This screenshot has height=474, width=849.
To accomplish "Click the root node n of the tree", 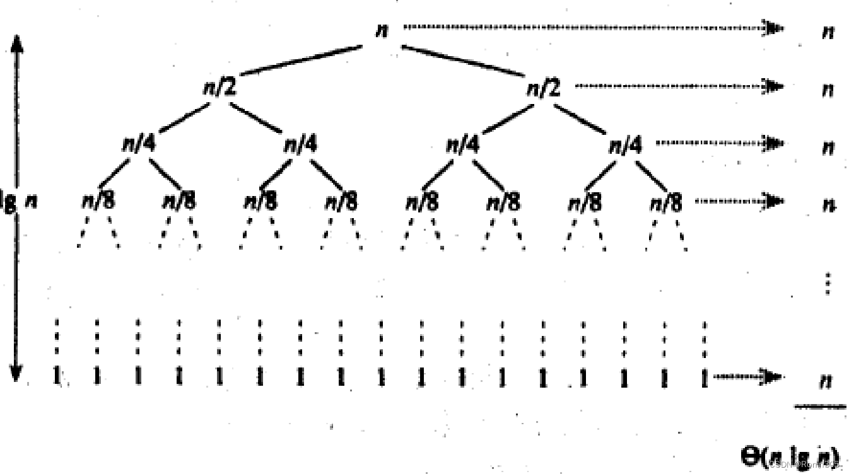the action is [381, 30].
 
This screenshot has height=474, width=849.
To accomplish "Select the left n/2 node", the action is [219, 88].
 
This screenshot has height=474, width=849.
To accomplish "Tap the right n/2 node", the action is [543, 88].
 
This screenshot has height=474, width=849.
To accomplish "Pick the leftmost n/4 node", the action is [138, 145].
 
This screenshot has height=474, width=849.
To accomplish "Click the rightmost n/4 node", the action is [625, 145].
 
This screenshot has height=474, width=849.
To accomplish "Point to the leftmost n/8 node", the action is [98, 202].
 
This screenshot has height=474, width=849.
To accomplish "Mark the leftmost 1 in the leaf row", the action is [57, 376].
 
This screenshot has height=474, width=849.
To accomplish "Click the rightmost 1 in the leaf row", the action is [704, 376].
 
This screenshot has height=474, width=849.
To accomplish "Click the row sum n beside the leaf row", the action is [824, 381].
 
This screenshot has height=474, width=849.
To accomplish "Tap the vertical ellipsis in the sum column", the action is [828, 284].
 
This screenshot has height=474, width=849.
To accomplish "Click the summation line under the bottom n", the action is [819, 407].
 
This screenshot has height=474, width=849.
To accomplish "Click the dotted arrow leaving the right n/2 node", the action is [678, 86].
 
